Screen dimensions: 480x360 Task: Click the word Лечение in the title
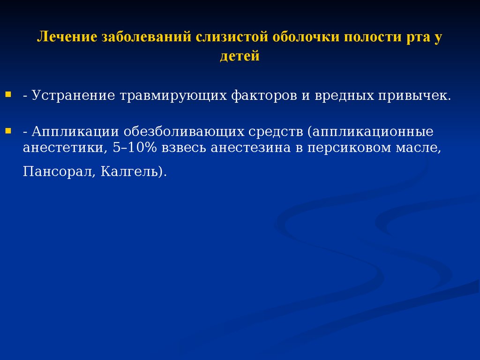coord(67,37)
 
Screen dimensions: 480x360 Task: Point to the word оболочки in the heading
coord(306,37)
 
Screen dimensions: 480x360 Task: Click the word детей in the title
coord(240,56)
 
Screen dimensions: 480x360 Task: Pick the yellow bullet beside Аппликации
coord(8,131)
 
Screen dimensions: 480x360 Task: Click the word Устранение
coord(73,96)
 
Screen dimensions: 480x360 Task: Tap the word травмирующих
coord(173,96)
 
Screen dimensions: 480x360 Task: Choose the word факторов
coord(264,96)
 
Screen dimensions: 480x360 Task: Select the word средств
coord(276,132)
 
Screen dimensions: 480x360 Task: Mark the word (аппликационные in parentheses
coord(370,132)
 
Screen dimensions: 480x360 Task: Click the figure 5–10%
coord(135,148)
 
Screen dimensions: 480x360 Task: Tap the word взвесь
coord(184,148)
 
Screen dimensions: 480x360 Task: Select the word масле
coord(417,148)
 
